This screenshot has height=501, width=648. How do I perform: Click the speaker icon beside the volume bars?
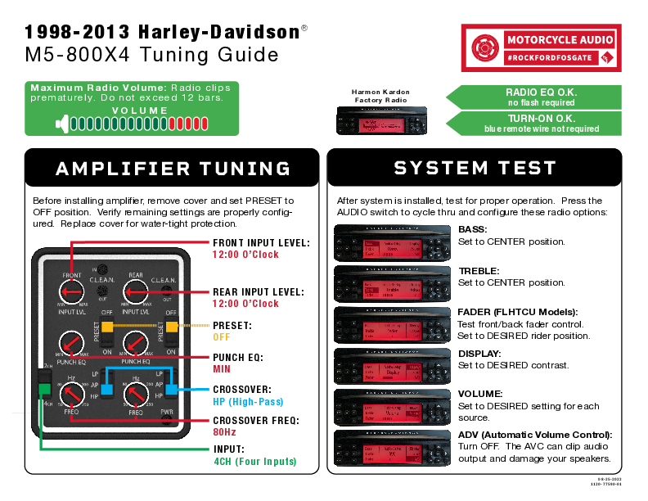(61, 124)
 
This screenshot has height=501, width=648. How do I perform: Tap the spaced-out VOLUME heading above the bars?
(140, 111)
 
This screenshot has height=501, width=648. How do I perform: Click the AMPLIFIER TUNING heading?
(173, 169)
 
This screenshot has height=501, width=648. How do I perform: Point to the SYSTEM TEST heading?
(475, 168)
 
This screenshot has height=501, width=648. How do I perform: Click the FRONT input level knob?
(72, 291)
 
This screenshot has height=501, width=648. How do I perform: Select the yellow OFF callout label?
(221, 336)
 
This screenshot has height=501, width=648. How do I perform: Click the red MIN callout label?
(221, 369)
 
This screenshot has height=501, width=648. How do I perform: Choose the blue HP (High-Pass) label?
(248, 402)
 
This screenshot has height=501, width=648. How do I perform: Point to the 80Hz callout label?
(224, 431)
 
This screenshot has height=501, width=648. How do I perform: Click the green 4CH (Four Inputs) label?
(254, 462)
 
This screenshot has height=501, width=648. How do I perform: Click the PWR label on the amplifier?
(167, 412)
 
